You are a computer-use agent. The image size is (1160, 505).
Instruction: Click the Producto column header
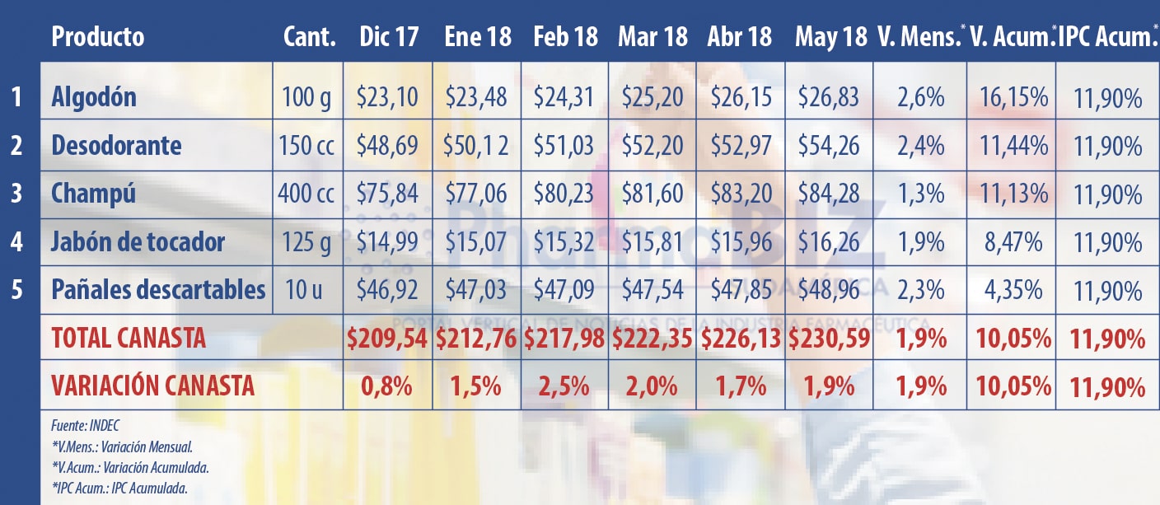tap(97, 37)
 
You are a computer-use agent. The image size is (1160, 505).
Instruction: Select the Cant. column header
tap(309, 37)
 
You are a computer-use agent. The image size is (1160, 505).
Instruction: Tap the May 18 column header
tap(830, 37)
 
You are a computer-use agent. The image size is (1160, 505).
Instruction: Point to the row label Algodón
tap(94, 98)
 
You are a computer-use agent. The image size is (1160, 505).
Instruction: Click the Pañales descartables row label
tap(158, 290)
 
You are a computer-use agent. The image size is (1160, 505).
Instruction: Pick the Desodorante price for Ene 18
tap(478, 147)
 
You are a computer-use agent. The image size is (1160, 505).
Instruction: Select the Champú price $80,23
tap(565, 194)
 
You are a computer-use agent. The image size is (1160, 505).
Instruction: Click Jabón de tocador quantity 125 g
tap(308, 243)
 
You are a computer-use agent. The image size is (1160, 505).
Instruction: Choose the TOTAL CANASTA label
tap(129, 338)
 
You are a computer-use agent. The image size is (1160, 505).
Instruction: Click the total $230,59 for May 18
tap(830, 338)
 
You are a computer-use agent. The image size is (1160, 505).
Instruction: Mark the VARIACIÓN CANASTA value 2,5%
tap(564, 386)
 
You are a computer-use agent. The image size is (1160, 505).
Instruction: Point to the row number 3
tap(16, 194)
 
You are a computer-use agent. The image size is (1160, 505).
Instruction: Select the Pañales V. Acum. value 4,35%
tap(1013, 291)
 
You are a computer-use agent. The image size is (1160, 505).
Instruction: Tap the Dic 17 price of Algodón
tap(387, 98)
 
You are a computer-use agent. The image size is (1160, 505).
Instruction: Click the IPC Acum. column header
tap(1106, 37)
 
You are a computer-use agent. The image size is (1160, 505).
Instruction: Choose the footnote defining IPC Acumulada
tap(119, 488)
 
